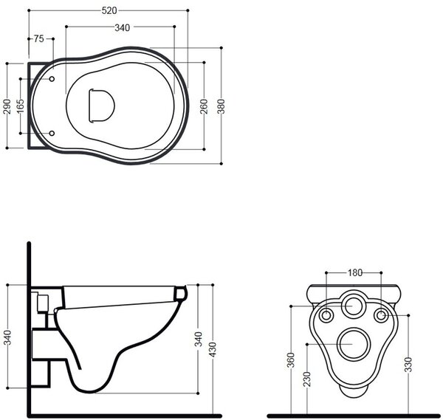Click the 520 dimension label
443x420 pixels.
tap(109, 11)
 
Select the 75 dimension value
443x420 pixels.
tap(38, 38)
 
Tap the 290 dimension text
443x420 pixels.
tap(7, 106)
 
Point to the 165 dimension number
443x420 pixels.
tap(21, 106)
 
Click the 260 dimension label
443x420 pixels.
tap(204, 106)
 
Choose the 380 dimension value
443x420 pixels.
tap(221, 106)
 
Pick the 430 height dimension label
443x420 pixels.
tap(213, 349)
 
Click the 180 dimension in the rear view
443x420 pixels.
tap(354, 272)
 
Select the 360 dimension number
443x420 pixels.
tap(291, 359)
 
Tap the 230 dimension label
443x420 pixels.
tap(307, 379)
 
